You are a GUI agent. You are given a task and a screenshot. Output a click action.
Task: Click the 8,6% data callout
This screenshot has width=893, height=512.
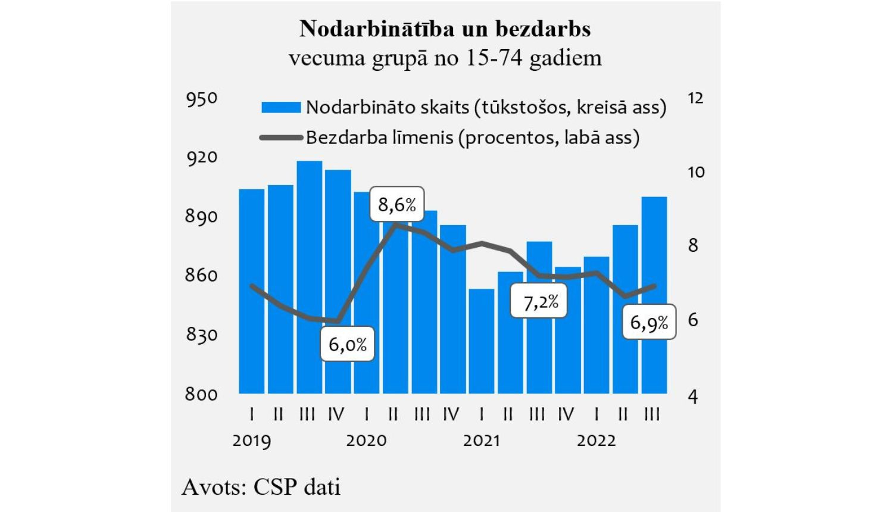pos(396,204)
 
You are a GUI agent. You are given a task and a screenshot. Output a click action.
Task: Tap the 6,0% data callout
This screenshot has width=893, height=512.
pos(347,344)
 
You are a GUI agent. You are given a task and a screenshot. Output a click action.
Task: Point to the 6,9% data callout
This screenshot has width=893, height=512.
pos(649,322)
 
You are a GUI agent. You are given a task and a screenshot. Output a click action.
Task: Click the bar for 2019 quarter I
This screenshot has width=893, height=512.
pos(251,292)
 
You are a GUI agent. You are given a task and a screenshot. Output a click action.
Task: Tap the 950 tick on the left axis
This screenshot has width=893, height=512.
pos(202,99)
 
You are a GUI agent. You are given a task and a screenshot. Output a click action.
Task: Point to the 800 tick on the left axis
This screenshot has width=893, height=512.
pos(201,394)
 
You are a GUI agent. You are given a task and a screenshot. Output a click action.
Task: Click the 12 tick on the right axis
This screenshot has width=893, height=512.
pos(695,98)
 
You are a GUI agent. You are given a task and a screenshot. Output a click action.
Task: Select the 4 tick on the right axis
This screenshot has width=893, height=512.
pos(692,397)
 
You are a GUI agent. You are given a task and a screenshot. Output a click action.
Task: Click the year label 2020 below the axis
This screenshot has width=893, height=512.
pos(366,441)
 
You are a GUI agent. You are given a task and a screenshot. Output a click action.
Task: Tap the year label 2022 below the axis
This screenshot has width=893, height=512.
pos(596,441)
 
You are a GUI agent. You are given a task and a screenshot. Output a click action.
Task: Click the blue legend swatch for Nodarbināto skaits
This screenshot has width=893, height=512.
pos(281,107)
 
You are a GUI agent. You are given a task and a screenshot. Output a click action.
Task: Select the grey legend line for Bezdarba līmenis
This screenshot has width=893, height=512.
pos(281,138)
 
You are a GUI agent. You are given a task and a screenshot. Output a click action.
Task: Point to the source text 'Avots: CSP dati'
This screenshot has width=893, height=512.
pos(261,486)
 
